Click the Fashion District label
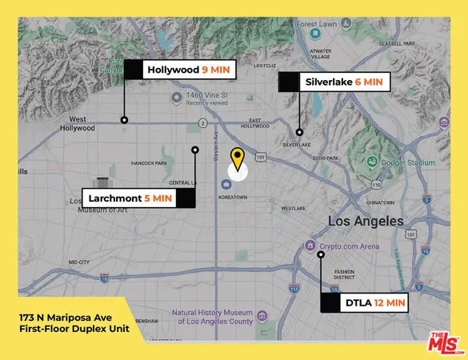346,274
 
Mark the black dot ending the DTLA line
321,254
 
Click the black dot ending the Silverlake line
299,133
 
